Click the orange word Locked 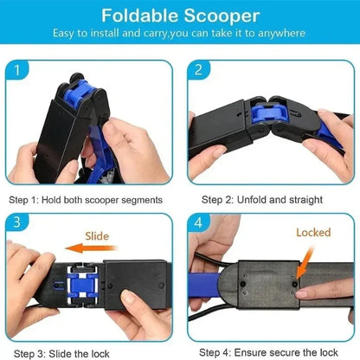click(313, 233)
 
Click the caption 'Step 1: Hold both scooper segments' click(86, 199)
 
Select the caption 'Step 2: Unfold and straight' click(261, 199)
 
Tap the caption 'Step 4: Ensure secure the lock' click(268, 352)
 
